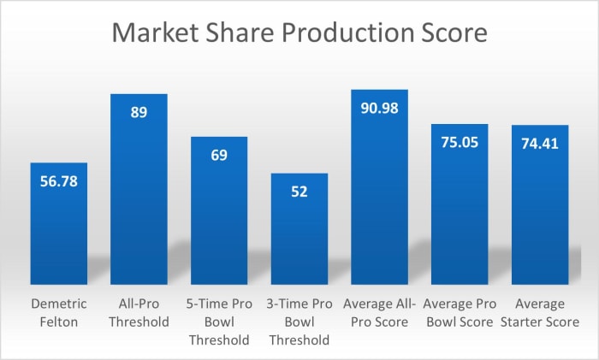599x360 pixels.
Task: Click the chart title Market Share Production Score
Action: [x=299, y=35]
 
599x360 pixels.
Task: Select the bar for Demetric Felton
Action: [x=58, y=231]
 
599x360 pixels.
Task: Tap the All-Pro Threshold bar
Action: [x=139, y=197]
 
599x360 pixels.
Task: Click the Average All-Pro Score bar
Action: [x=379, y=197]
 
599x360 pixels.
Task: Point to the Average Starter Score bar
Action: [x=540, y=214]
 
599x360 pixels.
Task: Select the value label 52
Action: [x=299, y=191]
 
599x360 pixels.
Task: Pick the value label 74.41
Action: [x=540, y=143]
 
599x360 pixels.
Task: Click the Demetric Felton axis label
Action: [x=58, y=313]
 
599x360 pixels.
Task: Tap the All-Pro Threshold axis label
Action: [x=139, y=313]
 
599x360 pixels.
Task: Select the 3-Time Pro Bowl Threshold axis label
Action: [x=299, y=322]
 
